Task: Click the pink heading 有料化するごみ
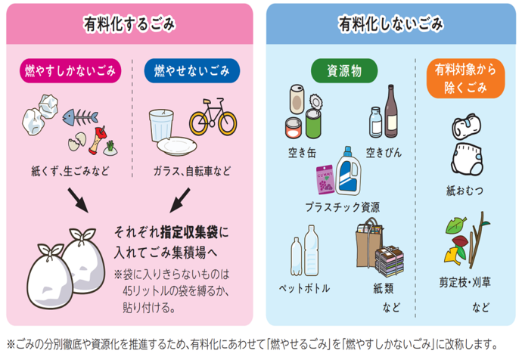click(x=129, y=24)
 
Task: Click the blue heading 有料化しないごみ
click(x=391, y=24)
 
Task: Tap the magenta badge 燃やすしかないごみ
click(x=70, y=70)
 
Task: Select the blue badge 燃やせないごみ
click(x=191, y=70)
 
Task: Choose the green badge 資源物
click(x=344, y=70)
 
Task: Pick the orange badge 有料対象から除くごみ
click(x=466, y=79)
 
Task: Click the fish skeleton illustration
click(x=80, y=117)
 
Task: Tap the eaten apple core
click(x=97, y=140)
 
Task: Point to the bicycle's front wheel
click(x=228, y=123)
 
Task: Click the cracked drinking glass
click(x=161, y=125)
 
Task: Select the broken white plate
click(x=177, y=146)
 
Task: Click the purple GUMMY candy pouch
click(x=325, y=180)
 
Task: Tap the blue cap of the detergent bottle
click(x=347, y=151)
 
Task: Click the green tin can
click(x=313, y=124)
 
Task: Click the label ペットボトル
click(x=304, y=288)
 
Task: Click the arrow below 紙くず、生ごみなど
click(x=78, y=200)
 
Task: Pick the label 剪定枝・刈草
click(x=465, y=282)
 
